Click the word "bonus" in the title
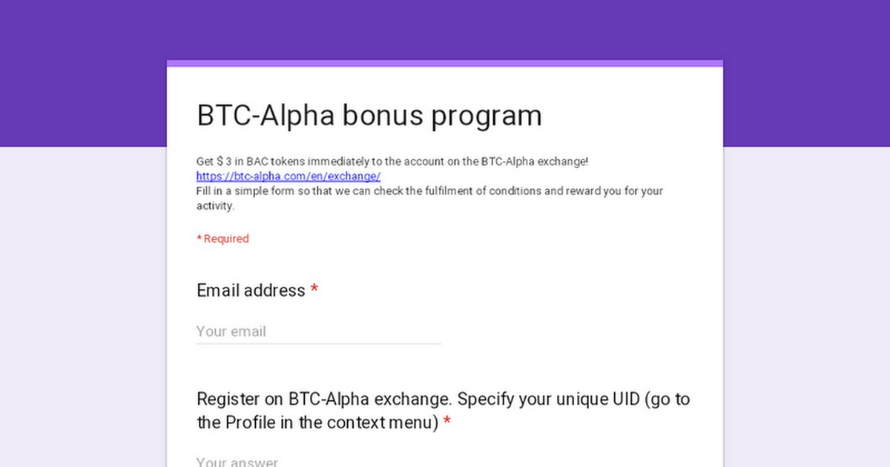click(383, 116)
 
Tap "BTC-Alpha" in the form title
click(266, 116)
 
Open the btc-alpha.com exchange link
click(289, 176)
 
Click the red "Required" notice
click(223, 239)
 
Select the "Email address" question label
click(251, 291)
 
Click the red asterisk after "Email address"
click(314, 288)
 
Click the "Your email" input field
click(319, 331)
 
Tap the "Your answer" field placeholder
click(237, 462)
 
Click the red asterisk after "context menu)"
click(447, 420)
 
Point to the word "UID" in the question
click(626, 399)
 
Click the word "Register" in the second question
click(228, 400)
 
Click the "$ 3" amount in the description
click(224, 162)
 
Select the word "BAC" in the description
click(257, 162)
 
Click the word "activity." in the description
click(215, 206)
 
